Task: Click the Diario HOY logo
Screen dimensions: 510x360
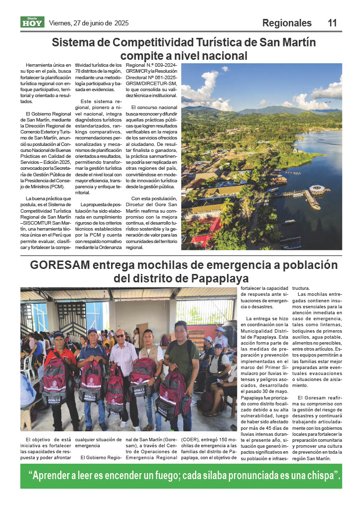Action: tap(32, 22)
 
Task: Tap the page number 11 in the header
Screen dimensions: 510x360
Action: tap(332, 23)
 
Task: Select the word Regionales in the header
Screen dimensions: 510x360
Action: tap(287, 23)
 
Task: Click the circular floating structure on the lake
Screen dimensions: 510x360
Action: tap(317, 189)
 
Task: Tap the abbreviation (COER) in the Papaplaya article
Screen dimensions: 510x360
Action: tap(189, 440)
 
